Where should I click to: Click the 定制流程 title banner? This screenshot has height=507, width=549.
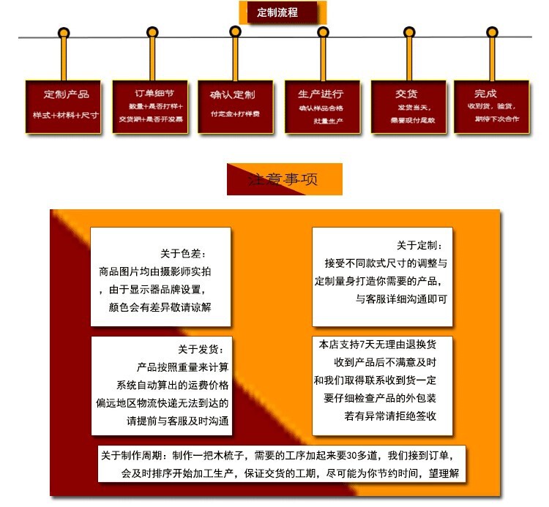tap(281, 12)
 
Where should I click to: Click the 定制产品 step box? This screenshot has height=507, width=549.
tap(66, 106)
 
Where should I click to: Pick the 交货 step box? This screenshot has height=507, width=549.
tap(408, 106)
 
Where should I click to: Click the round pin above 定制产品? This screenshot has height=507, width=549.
tap(64, 33)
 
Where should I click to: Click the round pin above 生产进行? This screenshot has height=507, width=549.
tap(322, 32)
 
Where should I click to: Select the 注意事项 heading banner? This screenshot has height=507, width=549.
tap(284, 179)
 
